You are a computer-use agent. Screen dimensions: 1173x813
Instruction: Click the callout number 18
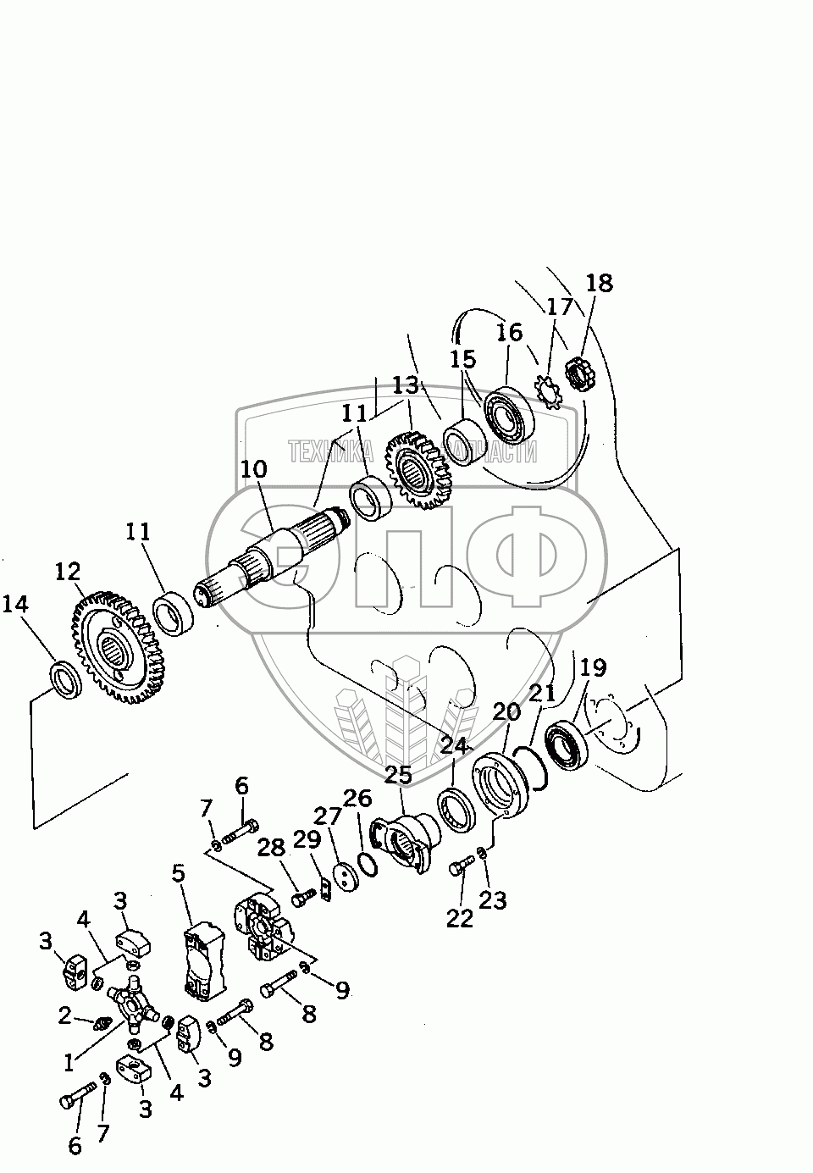599,283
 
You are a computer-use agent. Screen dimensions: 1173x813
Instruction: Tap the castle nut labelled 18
576,374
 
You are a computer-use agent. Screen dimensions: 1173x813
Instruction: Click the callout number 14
15,605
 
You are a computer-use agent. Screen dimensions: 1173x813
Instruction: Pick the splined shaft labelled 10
269,551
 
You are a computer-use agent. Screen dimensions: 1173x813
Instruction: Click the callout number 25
397,775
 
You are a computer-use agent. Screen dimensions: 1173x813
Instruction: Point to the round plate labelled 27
345,877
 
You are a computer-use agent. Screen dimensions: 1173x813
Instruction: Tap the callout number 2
65,1015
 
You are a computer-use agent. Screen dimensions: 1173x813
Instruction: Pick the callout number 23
494,899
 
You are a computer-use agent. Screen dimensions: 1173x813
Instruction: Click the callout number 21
541,694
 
